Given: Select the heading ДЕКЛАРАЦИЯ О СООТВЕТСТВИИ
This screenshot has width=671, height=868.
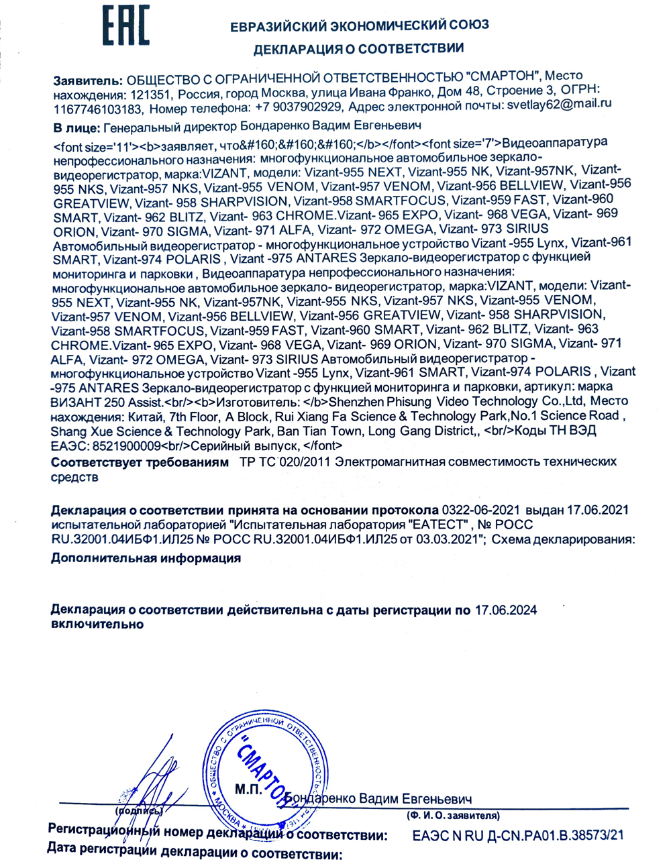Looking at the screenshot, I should tap(358, 49).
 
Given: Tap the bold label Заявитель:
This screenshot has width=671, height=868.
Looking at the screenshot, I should tap(88, 80).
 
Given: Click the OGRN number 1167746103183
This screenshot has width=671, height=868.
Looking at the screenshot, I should tap(98, 108).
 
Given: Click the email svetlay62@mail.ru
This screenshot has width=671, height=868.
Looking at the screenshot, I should tap(560, 104).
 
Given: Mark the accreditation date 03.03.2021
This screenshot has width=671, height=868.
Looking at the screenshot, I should tap(450, 539).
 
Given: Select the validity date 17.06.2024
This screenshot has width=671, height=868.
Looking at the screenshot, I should tap(506, 610).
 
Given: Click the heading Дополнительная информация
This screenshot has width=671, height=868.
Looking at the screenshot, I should tap(146, 558).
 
